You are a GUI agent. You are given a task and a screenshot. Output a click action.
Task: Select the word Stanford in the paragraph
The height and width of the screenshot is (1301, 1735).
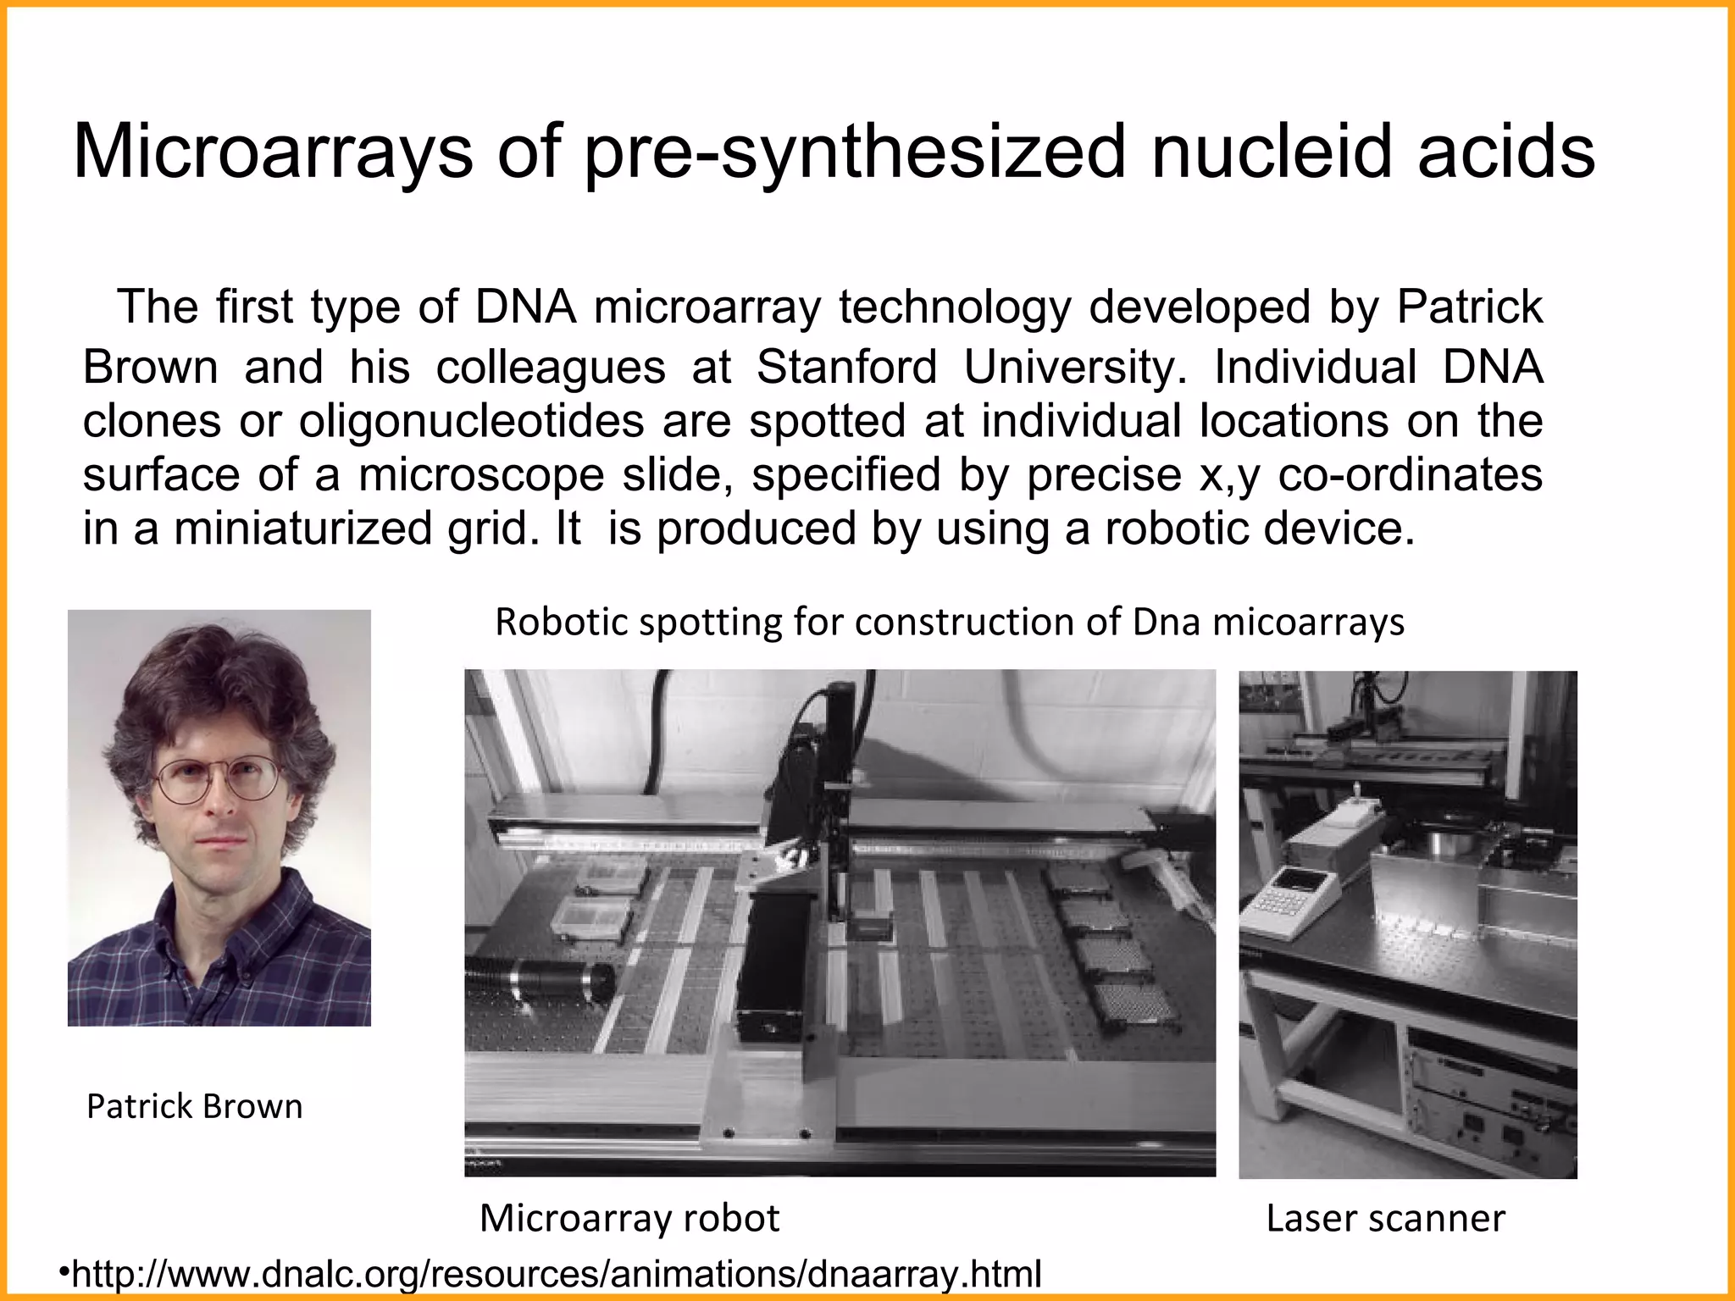(846, 368)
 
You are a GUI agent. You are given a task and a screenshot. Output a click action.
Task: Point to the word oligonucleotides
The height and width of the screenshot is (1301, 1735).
(471, 421)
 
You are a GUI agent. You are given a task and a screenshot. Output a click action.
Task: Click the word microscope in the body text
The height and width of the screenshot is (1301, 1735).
(481, 474)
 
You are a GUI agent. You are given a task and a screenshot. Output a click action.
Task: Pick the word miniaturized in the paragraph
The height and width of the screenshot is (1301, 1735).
(302, 529)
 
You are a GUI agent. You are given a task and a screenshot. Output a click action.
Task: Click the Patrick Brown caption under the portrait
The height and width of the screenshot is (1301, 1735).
(194, 1106)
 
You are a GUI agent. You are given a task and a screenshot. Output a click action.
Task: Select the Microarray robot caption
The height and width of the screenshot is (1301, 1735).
(629, 1218)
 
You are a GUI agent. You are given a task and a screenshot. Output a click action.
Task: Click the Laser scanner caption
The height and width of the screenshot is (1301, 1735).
(1385, 1218)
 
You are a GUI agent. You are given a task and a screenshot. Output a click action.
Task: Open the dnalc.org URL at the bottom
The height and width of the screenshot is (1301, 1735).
(556, 1273)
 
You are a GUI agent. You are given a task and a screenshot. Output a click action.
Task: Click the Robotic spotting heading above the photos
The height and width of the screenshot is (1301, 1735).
(949, 622)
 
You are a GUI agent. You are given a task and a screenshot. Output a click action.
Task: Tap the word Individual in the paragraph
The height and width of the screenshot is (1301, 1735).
(1315, 368)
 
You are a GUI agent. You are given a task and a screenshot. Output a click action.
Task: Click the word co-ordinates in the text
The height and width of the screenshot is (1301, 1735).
(1410, 474)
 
